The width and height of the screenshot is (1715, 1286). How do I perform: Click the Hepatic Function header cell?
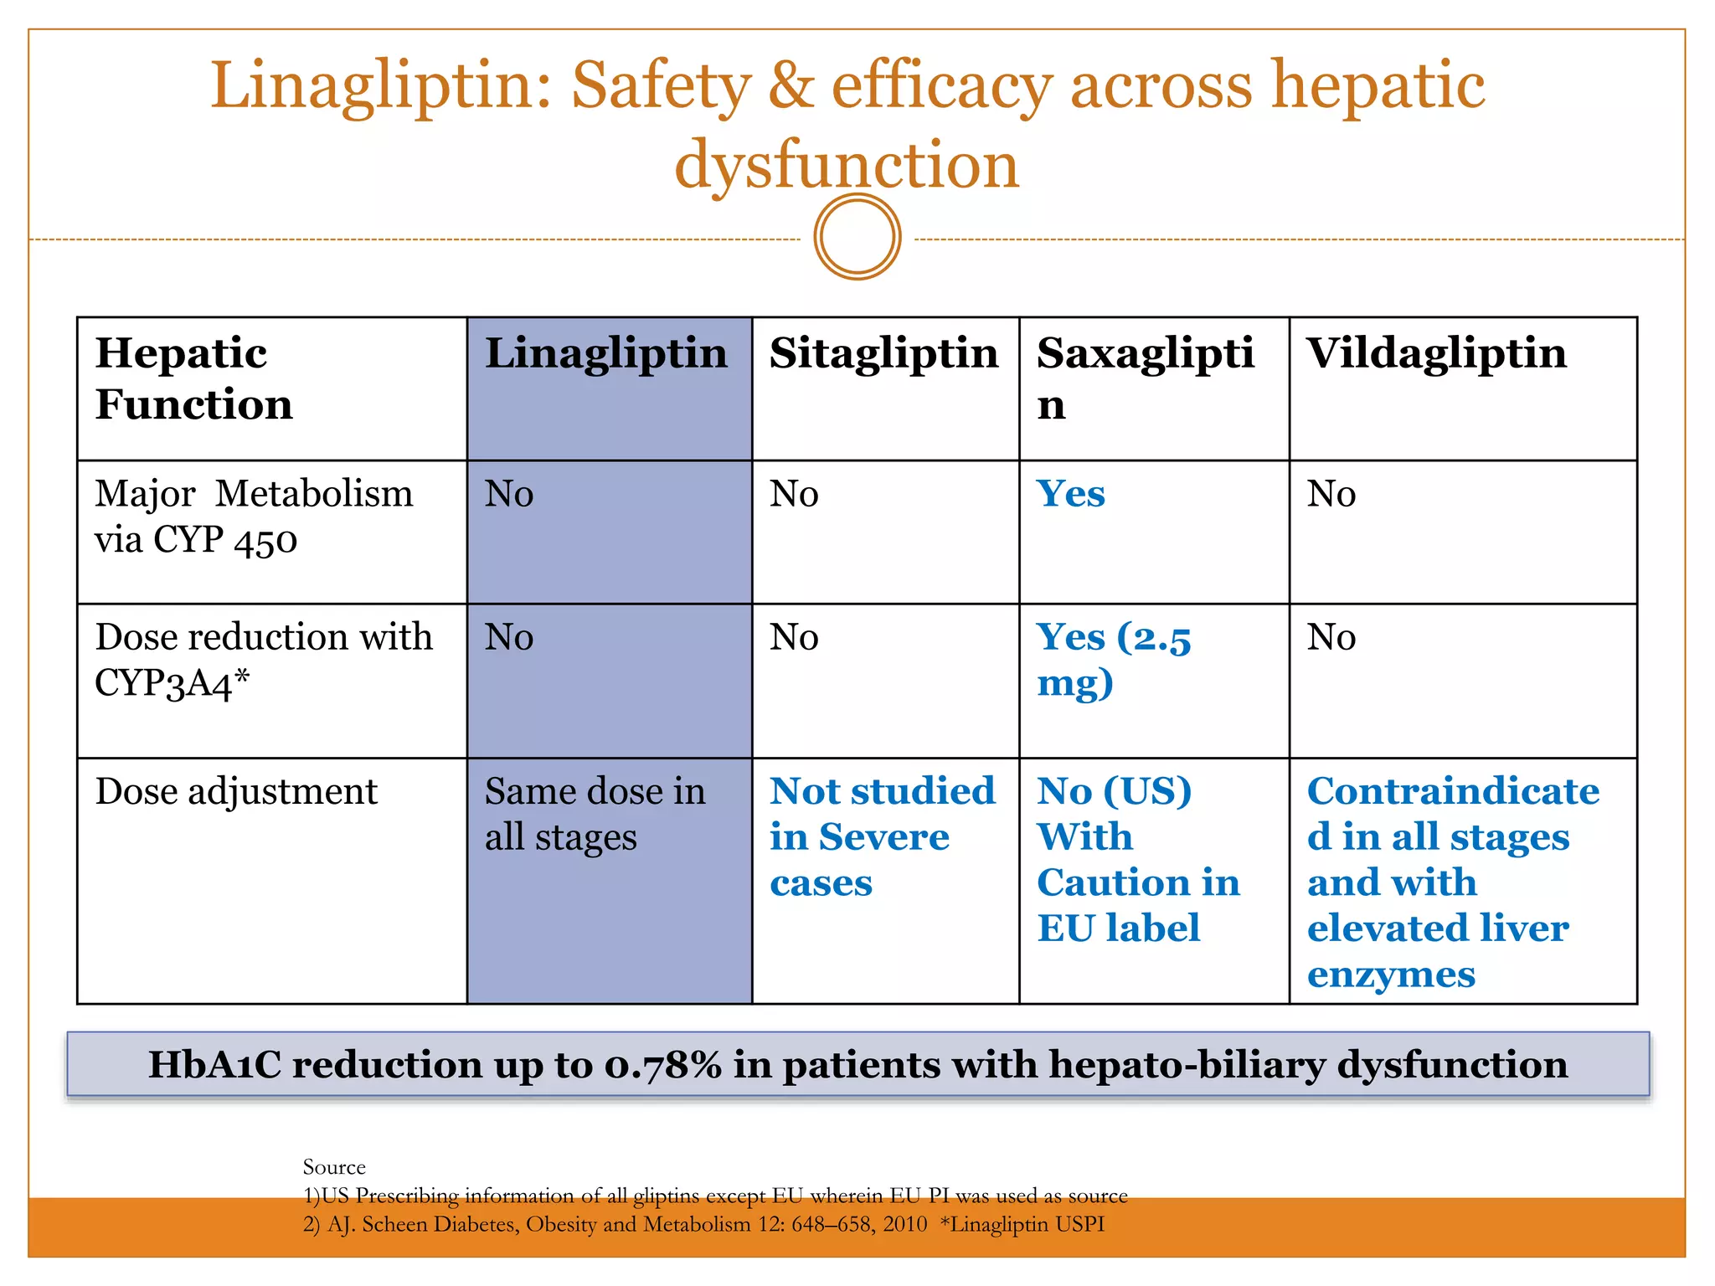click(x=194, y=378)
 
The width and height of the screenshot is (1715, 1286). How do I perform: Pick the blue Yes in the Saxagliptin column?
click(x=1070, y=494)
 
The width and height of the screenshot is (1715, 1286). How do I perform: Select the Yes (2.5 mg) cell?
click(x=1113, y=660)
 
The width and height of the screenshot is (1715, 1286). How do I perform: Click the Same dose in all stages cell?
click(x=595, y=814)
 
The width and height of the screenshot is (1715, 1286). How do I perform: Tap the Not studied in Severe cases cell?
click(x=881, y=836)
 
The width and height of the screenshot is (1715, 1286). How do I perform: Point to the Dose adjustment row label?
click(x=236, y=792)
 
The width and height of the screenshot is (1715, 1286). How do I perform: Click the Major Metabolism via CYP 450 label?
click(x=253, y=517)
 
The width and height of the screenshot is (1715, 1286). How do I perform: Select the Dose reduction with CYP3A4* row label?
click(x=263, y=660)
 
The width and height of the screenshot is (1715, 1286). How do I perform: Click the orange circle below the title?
click(x=857, y=237)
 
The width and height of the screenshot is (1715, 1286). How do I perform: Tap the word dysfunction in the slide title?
click(x=847, y=165)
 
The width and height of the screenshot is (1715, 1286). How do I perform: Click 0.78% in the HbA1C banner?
click(x=662, y=1065)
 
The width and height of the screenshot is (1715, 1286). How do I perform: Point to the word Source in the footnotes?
click(x=334, y=1167)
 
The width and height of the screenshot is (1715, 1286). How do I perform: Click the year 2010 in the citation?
click(x=904, y=1225)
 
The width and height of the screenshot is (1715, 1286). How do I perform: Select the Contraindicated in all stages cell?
click(x=1452, y=882)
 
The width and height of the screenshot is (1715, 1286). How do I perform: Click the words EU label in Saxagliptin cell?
click(x=1118, y=928)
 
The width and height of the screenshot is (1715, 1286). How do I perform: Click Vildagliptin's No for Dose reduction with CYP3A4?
click(x=1331, y=638)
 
